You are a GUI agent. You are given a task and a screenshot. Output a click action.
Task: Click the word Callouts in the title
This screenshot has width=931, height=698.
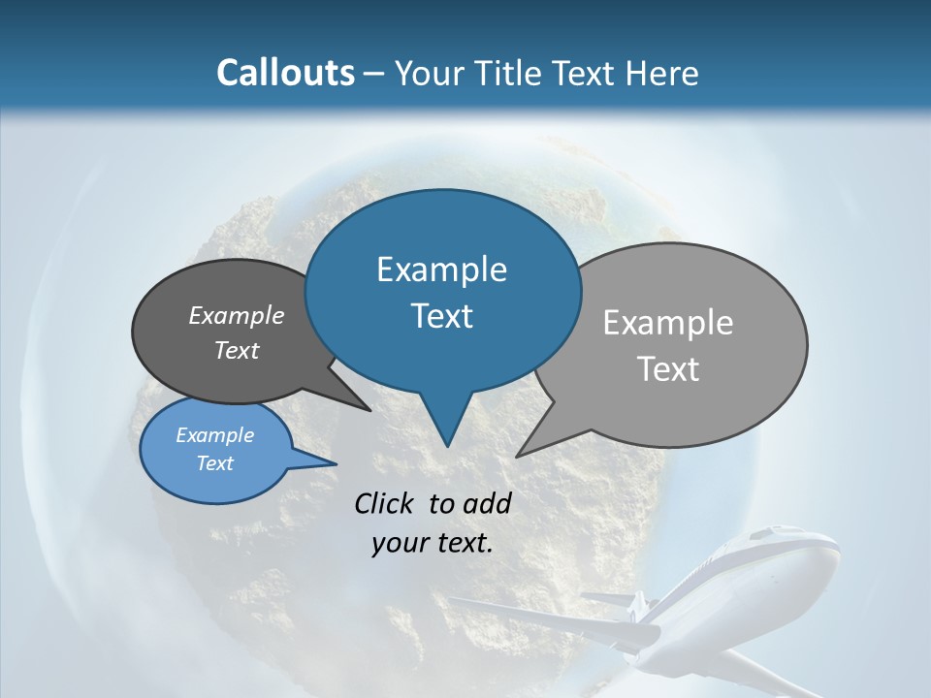pos(285,73)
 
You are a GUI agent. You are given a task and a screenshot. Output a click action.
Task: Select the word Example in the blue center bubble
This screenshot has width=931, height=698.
pos(441,269)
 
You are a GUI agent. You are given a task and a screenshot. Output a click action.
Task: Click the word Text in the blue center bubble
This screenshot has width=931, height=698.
pos(441,315)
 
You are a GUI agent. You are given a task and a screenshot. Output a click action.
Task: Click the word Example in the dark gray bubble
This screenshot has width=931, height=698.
pos(236,315)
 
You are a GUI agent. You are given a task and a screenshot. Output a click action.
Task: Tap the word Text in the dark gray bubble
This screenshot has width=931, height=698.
pos(236,350)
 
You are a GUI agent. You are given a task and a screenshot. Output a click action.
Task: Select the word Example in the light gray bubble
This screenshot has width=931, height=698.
pos(667,322)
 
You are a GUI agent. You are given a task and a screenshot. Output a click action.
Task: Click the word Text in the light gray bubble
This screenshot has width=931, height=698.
pos(667,368)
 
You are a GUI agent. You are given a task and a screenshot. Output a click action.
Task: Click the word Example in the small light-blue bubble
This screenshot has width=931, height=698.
pos(214,434)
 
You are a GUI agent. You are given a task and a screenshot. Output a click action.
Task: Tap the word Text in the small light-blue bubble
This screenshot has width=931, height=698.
pos(214,462)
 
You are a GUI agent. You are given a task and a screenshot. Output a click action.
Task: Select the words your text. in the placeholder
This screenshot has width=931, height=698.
pos(432,543)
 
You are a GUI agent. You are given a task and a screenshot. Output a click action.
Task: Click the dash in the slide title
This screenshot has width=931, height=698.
pos(373,74)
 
